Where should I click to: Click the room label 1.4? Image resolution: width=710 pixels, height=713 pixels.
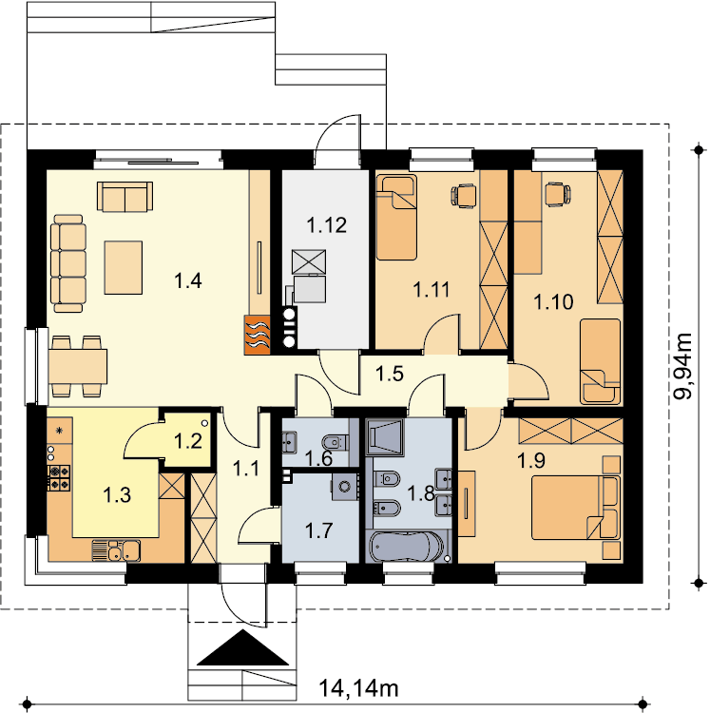[188, 281]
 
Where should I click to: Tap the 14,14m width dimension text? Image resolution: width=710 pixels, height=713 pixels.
[358, 688]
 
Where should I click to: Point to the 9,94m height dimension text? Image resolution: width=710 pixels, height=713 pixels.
[682, 366]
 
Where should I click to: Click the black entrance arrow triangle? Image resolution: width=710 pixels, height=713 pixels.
[243, 647]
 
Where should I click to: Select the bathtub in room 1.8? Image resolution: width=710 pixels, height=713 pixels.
[407, 547]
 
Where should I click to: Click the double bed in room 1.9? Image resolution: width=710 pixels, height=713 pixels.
[576, 507]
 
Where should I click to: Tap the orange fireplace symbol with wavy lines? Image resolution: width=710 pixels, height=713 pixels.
[258, 335]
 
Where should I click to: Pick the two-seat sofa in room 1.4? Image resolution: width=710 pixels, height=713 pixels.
[125, 196]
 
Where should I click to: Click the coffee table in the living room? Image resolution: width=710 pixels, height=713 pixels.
[124, 267]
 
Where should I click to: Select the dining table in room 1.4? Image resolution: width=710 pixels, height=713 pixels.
[78, 366]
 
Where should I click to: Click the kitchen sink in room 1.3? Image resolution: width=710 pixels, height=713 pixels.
[116, 550]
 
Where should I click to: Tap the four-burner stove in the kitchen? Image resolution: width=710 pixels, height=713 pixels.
[60, 477]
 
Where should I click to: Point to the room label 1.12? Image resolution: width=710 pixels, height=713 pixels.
[326, 224]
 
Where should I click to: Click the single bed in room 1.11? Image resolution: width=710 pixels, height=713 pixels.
[396, 218]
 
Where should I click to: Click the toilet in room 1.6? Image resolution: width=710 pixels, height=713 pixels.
[335, 441]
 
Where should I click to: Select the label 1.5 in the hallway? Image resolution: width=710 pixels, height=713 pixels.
[390, 374]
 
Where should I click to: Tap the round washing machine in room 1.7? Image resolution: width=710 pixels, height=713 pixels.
[345, 487]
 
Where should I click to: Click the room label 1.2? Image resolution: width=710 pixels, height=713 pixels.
[188, 441]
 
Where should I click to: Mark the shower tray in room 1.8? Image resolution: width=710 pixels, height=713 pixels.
[385, 437]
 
